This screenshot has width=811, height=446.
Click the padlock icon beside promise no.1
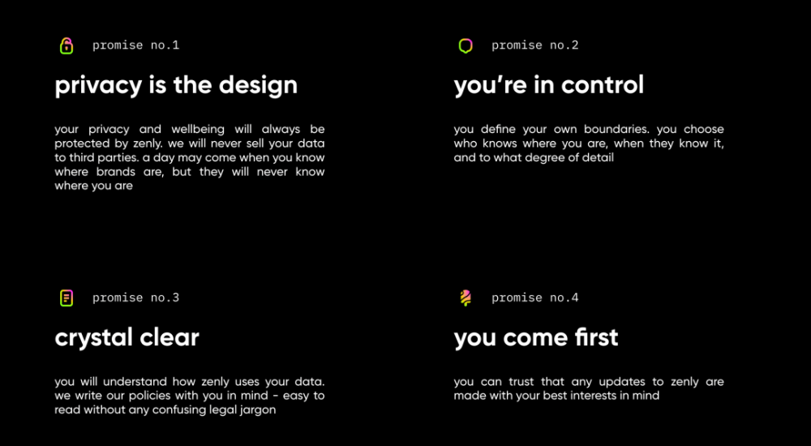pyautogui.click(x=67, y=46)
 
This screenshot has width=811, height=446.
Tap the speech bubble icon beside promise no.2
pyautogui.click(x=466, y=46)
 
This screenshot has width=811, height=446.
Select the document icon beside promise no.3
pyautogui.click(x=67, y=298)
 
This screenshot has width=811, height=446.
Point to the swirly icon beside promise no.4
pyautogui.click(x=466, y=298)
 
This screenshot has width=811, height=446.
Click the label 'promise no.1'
pyautogui.click(x=136, y=45)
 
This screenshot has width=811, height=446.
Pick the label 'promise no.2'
pyautogui.click(x=535, y=45)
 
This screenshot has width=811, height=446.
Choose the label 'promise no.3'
pyautogui.click(x=136, y=298)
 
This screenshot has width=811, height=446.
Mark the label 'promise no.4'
pyautogui.click(x=535, y=298)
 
